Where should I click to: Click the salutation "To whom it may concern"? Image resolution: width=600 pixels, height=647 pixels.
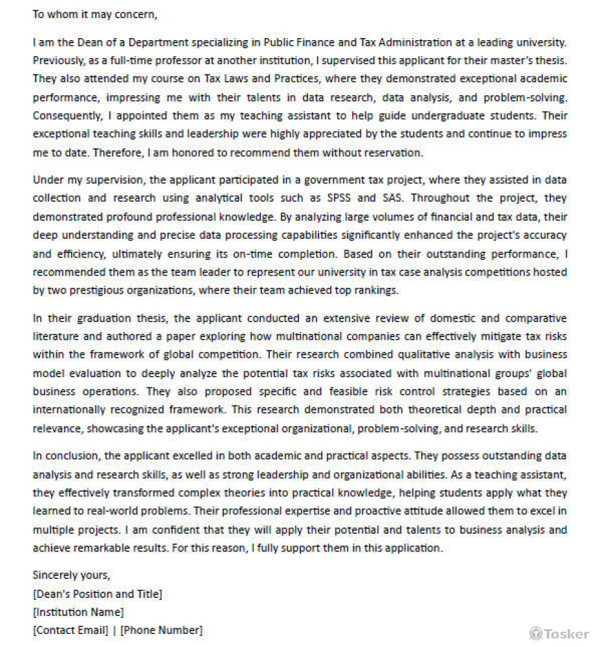pyautogui.click(x=94, y=14)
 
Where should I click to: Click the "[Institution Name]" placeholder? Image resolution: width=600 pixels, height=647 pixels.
pyautogui.click(x=78, y=611)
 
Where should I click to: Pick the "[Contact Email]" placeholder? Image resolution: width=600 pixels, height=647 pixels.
pyautogui.click(x=71, y=630)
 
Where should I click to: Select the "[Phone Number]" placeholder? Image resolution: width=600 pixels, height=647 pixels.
pyautogui.click(x=161, y=630)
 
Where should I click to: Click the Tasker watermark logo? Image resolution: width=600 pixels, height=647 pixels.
pyautogui.click(x=559, y=633)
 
